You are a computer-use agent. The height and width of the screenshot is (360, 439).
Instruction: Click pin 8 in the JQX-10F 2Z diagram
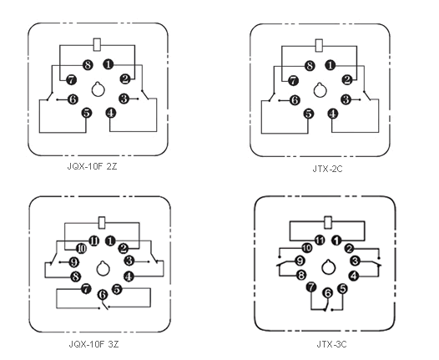[88, 65]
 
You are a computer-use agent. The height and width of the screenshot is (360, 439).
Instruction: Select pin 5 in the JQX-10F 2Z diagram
[87, 113]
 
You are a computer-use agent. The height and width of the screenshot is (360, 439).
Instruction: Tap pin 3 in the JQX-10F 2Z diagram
[124, 99]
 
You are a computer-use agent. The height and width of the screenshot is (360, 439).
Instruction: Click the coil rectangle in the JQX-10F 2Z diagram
[97, 44]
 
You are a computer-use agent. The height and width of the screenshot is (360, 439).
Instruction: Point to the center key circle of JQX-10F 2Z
[98, 89]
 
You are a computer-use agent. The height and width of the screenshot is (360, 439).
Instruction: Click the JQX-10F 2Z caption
[92, 166]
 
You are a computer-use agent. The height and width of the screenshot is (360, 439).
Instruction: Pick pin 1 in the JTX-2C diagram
[331, 65]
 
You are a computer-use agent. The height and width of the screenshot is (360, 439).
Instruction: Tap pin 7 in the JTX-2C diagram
[293, 81]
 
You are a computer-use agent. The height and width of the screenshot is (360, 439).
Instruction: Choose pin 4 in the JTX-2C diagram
[333, 114]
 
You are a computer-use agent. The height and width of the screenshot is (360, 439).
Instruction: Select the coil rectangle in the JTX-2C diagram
[319, 45]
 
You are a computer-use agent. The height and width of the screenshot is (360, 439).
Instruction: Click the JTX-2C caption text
[327, 170]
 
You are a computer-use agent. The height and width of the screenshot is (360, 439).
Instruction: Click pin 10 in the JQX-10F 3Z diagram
[81, 248]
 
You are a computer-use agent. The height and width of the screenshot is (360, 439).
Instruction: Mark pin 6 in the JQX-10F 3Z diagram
[103, 295]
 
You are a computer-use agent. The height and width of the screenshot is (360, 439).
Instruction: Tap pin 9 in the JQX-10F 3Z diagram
[73, 262]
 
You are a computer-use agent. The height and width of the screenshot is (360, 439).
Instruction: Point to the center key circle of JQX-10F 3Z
[103, 269]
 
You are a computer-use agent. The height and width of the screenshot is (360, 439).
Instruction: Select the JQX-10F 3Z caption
[93, 344]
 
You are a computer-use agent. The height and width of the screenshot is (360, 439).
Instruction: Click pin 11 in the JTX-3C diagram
[320, 240]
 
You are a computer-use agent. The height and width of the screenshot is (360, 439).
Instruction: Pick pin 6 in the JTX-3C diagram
[327, 293]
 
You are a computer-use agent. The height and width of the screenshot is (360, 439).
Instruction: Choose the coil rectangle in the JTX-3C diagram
[327, 222]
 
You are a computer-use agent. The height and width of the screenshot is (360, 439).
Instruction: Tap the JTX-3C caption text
[332, 344]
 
